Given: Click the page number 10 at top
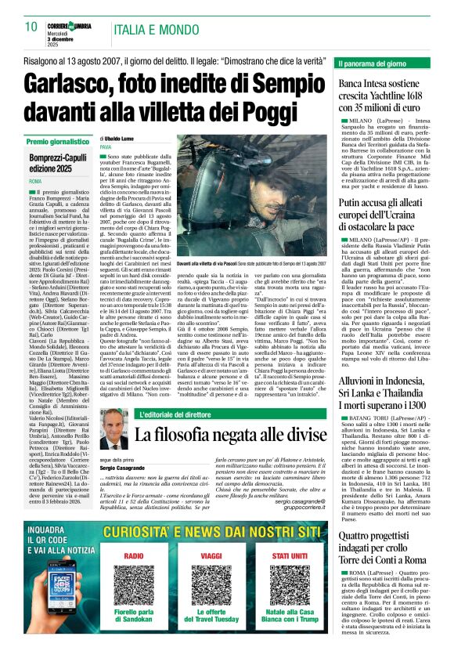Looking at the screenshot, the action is click(x=31, y=26).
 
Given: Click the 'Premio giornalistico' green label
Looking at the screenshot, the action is click(x=59, y=143).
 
